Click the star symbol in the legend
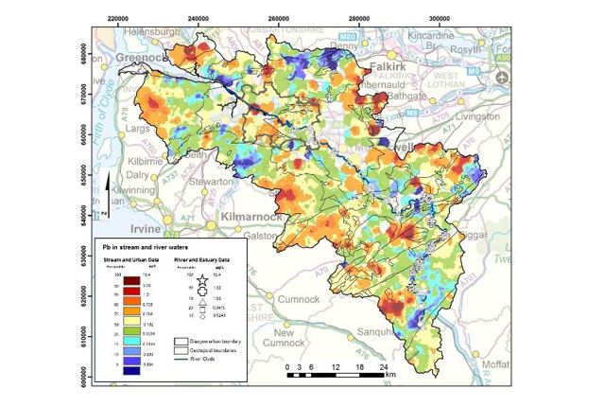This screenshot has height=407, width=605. pyautogui.click(x=190, y=273)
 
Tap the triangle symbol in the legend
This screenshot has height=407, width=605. pyautogui.click(x=190, y=295)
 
